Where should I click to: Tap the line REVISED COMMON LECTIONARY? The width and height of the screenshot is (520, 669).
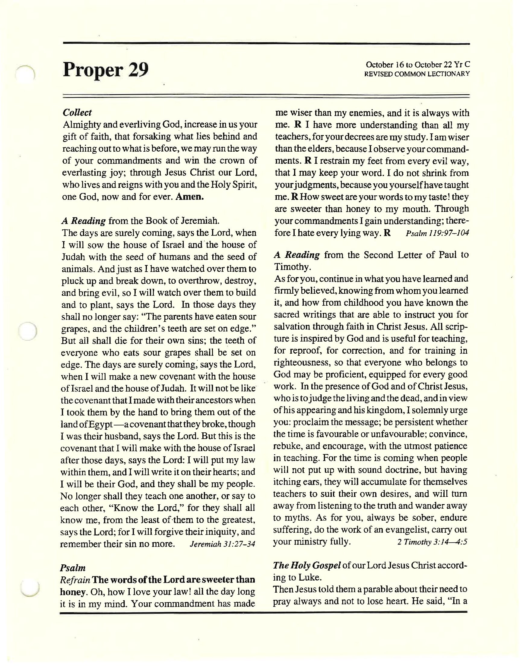(x=417, y=74)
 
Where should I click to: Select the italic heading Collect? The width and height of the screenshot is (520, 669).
(x=77, y=113)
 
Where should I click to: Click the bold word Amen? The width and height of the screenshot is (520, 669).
(x=190, y=196)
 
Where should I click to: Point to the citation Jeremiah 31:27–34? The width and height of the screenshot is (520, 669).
(x=222, y=544)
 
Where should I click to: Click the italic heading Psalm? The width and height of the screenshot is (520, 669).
(x=73, y=568)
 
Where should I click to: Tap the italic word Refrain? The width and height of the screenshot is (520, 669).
(x=75, y=580)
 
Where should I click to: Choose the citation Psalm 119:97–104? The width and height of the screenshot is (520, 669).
(x=437, y=233)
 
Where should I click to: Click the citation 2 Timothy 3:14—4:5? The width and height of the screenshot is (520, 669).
(x=432, y=542)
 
